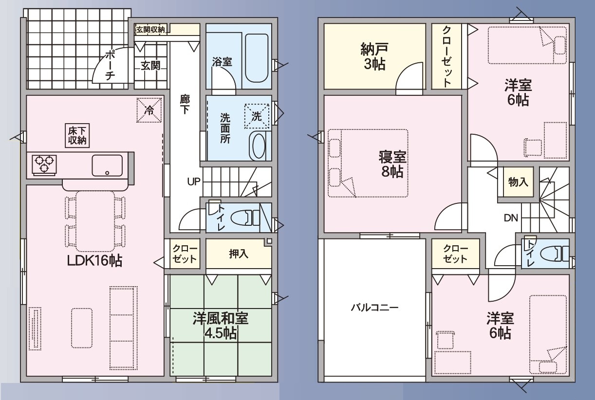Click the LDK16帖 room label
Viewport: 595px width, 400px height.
[x=94, y=261]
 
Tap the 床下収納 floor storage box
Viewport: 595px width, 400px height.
[x=77, y=135]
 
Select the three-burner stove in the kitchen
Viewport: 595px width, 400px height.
[x=44, y=165]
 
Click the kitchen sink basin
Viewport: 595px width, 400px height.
[x=107, y=165]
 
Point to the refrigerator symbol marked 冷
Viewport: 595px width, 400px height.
[x=149, y=110]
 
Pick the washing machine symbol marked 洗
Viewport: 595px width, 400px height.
[x=257, y=116]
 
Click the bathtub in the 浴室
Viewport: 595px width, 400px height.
[x=256, y=58]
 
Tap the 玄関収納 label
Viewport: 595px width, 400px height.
[x=150, y=30]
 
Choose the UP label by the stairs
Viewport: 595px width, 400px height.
[x=194, y=182]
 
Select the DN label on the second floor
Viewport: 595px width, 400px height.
[x=511, y=218]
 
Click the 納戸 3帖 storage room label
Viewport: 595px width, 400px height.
[x=374, y=56]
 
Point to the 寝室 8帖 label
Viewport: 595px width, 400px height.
[x=392, y=164]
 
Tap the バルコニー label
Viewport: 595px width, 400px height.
[x=374, y=308]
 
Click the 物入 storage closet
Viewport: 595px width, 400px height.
[x=518, y=182]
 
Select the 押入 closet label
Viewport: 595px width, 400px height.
[x=239, y=254]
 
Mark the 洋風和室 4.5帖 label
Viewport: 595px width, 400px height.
[x=221, y=326]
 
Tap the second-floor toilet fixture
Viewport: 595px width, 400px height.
[x=555, y=254]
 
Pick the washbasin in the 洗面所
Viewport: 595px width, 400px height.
[x=258, y=145]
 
